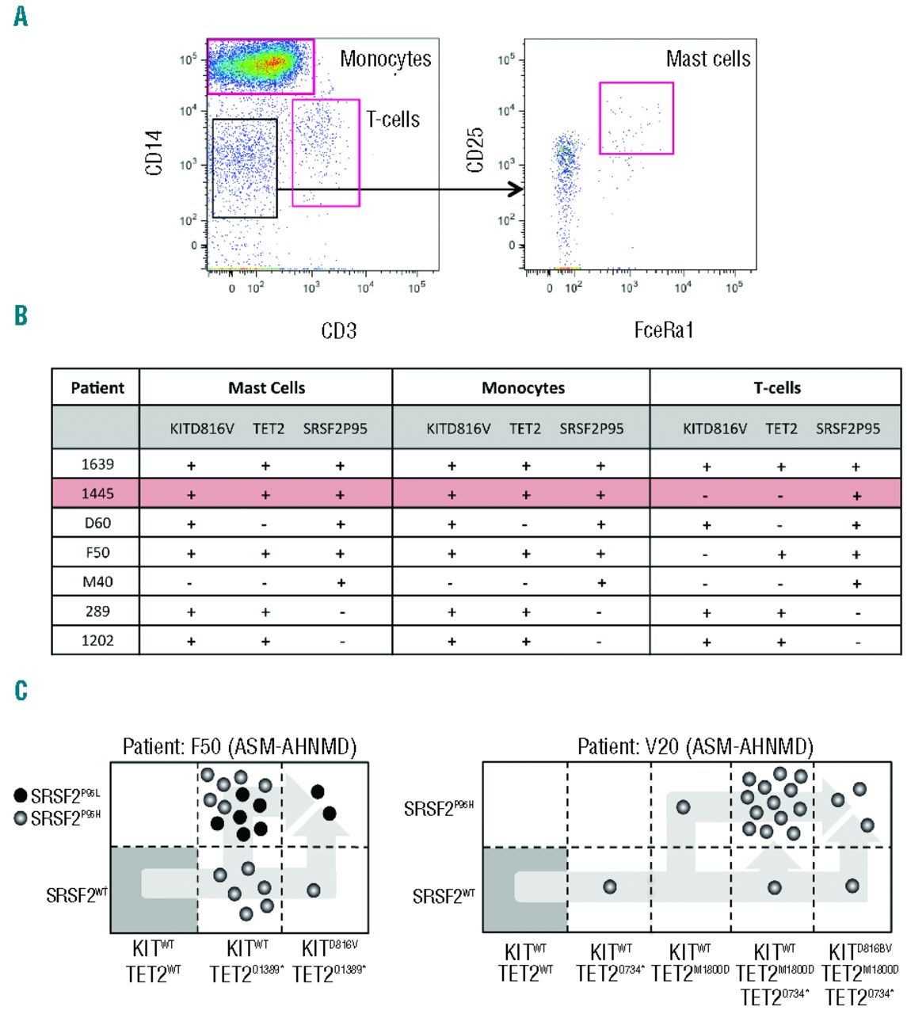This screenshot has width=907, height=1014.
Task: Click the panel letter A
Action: [21, 15]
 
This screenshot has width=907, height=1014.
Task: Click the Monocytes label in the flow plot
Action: [385, 59]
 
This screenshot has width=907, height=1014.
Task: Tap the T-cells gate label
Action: [392, 120]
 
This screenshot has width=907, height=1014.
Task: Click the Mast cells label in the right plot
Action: [707, 59]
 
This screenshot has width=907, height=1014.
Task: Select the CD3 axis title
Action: [338, 330]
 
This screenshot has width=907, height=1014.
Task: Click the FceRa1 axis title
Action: [664, 330]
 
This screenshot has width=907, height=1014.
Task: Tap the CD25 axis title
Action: [475, 150]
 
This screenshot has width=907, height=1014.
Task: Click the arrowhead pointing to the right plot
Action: [516, 189]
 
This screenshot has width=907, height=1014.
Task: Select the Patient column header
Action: [97, 388]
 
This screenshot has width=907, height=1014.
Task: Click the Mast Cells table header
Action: [266, 388]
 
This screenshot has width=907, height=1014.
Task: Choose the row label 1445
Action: [97, 494]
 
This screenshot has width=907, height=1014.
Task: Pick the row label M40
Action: [97, 581]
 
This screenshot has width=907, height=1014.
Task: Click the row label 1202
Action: [97, 640]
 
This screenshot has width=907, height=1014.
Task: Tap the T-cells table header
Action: [776, 388]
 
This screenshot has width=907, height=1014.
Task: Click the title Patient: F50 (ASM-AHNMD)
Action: [239, 746]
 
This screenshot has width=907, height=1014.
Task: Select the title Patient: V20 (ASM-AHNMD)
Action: [695, 746]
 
